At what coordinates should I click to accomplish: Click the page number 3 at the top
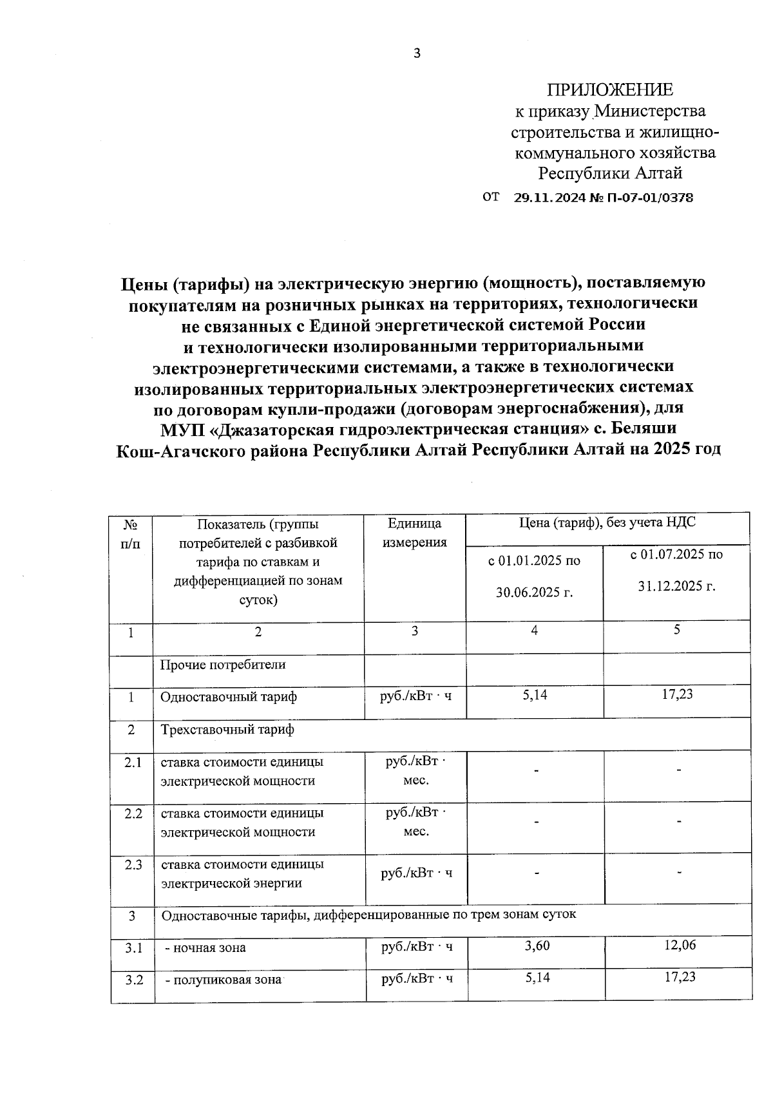[417, 53]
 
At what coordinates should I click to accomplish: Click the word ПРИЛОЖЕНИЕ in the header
[609, 90]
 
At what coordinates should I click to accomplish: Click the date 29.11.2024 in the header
[547, 198]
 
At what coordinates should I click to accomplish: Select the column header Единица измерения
[415, 533]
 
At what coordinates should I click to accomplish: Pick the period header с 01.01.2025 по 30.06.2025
[534, 576]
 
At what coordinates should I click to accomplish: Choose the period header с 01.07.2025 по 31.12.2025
[676, 571]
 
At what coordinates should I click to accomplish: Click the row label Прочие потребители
[223, 664]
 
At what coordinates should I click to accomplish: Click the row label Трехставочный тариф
[227, 730]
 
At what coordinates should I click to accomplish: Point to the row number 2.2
[133, 813]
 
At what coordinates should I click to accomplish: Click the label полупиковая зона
[224, 980]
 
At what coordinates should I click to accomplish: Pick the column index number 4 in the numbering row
[534, 631]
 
